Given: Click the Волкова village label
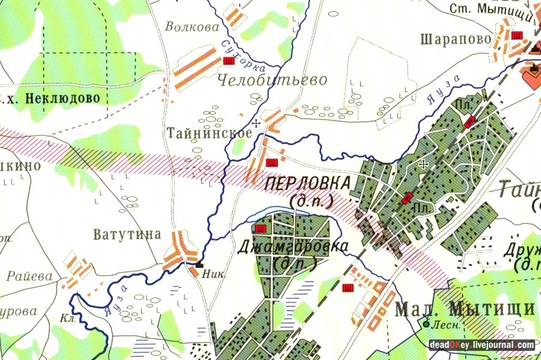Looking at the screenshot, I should (190, 27).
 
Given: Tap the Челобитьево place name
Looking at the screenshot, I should (272, 80).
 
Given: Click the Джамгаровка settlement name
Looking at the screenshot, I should (293, 247).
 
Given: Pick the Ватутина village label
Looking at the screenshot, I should (127, 234).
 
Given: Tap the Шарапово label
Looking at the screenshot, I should (452, 40).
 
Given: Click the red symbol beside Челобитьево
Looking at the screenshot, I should (228, 61).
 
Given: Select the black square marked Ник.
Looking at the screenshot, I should (199, 263).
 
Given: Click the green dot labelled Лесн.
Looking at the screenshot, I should (426, 324).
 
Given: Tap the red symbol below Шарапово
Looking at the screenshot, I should (515, 35).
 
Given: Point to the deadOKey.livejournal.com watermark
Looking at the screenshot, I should (481, 345).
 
